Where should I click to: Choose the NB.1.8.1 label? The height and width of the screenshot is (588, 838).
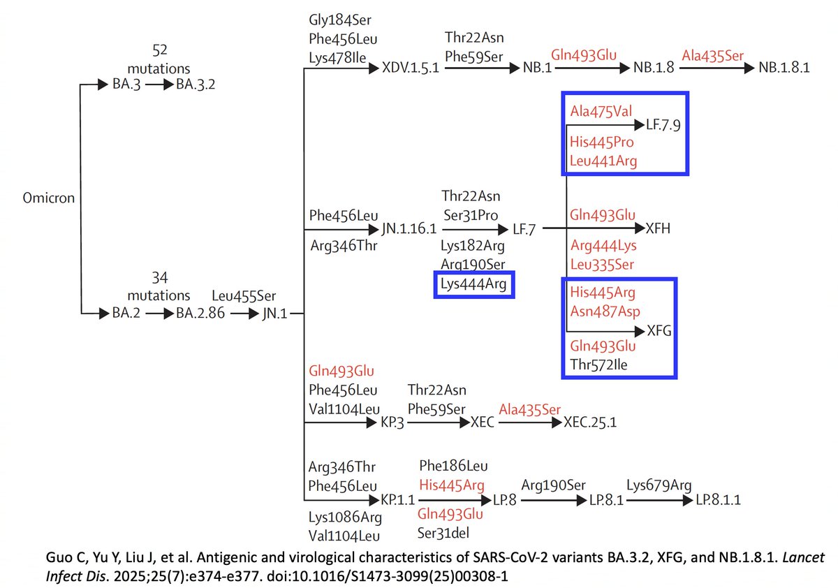click(x=785, y=68)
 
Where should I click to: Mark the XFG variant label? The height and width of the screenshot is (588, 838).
click(x=659, y=331)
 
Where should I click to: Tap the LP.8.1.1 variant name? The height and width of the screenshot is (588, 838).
click(x=717, y=500)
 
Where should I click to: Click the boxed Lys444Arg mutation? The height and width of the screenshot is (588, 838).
click(x=474, y=284)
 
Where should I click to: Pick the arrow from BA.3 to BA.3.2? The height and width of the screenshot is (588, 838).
click(x=159, y=85)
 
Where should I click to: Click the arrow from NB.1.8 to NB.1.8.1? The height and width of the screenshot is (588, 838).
click(x=715, y=68)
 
